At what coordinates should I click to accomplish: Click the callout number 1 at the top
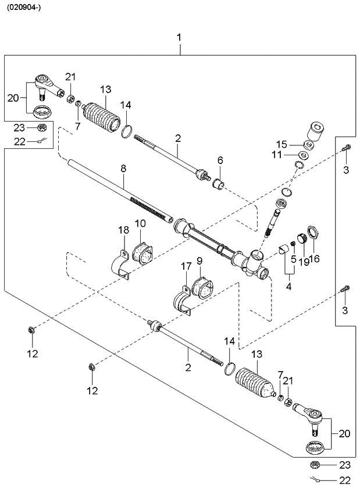179,37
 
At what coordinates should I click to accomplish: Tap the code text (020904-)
24,8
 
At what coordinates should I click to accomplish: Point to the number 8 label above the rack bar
123,168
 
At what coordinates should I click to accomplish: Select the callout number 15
281,144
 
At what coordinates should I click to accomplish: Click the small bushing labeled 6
220,186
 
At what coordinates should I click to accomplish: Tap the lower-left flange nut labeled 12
31,331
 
